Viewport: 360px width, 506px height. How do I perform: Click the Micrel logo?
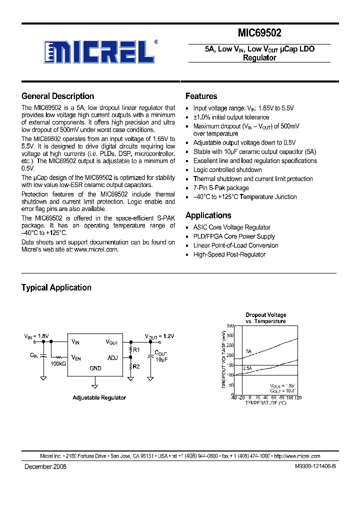(100, 50)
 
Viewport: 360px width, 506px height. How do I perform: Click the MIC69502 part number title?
(259, 33)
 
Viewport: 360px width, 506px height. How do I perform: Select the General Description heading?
(57, 96)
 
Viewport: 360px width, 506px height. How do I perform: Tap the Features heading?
(201, 96)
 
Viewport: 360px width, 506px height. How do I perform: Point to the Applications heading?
(208, 215)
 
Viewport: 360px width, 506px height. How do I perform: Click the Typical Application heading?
(56, 287)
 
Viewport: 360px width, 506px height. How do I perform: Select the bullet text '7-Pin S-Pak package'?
(220, 188)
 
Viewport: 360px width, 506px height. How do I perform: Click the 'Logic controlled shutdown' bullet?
(227, 170)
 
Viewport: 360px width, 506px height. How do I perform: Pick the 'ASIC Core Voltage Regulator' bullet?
(231, 227)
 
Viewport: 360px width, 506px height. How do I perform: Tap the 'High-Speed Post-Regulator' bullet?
(229, 254)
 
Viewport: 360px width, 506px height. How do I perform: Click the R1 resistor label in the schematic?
(137, 350)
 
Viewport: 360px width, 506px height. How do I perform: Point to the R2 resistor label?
(137, 366)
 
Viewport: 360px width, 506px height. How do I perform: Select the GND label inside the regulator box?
(94, 368)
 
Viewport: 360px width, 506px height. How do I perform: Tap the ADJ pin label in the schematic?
(112, 357)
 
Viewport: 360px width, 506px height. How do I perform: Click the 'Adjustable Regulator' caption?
(99, 397)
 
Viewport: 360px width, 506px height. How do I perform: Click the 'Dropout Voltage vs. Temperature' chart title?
(265, 318)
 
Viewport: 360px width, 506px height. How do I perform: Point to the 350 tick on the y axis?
(229, 325)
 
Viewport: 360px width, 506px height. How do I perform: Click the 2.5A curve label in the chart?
(247, 368)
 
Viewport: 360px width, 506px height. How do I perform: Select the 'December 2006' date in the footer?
(45, 466)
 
